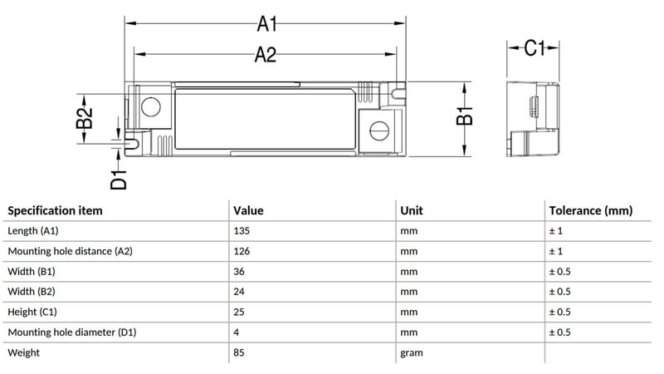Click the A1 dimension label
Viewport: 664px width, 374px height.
[266, 24]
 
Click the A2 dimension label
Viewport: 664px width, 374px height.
[266, 55]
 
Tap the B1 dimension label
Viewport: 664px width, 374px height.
[465, 116]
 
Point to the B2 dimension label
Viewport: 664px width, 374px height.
[84, 118]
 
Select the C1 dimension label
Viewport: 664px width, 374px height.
[535, 47]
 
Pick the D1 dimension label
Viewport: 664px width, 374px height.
[119, 179]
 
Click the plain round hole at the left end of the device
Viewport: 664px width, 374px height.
[151, 106]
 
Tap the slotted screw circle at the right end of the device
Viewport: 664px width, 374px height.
[379, 131]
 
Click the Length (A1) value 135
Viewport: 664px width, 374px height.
[242, 231]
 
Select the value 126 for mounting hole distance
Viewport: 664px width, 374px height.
[242, 252]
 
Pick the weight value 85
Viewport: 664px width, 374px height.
[239, 352]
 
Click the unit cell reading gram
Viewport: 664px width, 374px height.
[412, 353]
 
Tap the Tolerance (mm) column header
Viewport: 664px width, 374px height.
[591, 211]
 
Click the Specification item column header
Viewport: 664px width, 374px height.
[55, 211]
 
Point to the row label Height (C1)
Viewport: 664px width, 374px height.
[32, 312]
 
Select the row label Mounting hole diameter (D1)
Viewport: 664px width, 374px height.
[72, 332]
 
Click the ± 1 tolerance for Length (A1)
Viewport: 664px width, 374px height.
[556, 231]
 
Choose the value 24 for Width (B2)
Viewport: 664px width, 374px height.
[239, 292]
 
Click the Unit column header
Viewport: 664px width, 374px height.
[412, 211]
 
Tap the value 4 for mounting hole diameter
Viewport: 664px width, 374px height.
[236, 332]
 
